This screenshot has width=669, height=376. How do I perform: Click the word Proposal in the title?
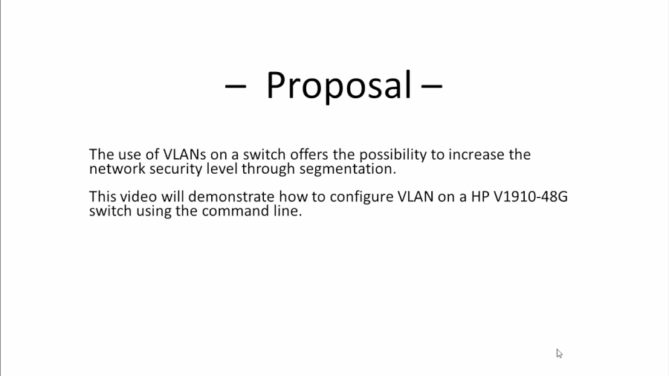(338, 85)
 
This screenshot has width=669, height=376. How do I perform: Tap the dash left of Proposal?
(235, 87)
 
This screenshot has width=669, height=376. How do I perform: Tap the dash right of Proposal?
(432, 87)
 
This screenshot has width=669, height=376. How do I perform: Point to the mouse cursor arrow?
(559, 353)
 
